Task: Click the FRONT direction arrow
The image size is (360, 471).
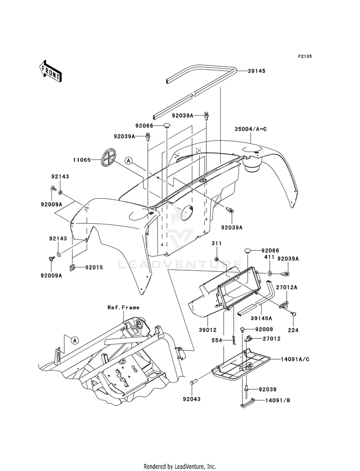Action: tap(50, 71)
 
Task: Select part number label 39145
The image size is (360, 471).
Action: tap(256, 71)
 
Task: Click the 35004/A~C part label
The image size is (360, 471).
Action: tap(251, 129)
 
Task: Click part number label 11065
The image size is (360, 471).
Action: tap(82, 160)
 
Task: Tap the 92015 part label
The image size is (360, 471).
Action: tap(94, 267)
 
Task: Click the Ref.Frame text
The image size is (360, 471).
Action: tap(123, 307)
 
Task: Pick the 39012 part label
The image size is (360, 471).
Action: tap(207, 330)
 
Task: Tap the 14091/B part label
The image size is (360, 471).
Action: tap(278, 400)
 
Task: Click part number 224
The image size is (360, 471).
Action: tap(293, 330)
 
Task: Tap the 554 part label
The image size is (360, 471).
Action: tap(217, 340)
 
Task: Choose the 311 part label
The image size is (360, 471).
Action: tap(216, 243)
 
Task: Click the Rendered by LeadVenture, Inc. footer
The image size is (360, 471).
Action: tap(180, 467)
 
